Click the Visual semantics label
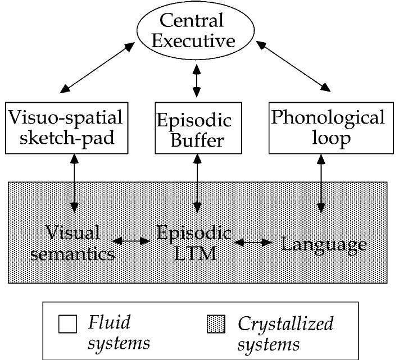pyautogui.click(x=72, y=243)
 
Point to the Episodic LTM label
pyautogui.click(x=194, y=243)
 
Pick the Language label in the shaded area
pyautogui.click(x=324, y=244)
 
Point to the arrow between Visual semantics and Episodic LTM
pyautogui.click(x=132, y=241)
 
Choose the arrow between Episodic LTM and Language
pyautogui.click(x=255, y=243)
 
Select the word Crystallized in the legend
pyautogui.click(x=285, y=324)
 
